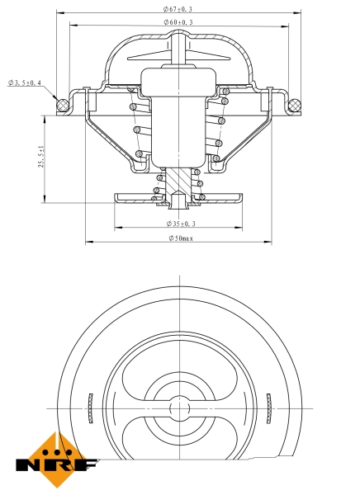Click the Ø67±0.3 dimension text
pyautogui.click(x=179, y=8)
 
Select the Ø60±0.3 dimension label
pyautogui.click(x=179, y=21)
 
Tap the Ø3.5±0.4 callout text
pyautogui.click(x=25, y=82)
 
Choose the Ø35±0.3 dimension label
pyautogui.click(x=179, y=224)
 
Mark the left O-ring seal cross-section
pyautogui.click(x=60, y=105)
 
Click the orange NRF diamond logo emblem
pyautogui.click(x=55, y=451)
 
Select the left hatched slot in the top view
pyautogui.click(x=88, y=407)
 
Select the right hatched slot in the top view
pyautogui.click(x=269, y=407)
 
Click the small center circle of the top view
pyautogui.click(x=179, y=408)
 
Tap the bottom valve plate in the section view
pyautogui.click(x=178, y=197)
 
